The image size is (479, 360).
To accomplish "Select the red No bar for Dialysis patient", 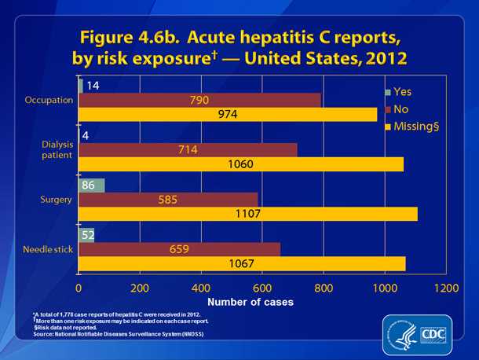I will point(188,149).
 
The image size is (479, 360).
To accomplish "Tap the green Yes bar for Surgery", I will point(91,186).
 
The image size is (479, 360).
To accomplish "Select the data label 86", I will point(91,186).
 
